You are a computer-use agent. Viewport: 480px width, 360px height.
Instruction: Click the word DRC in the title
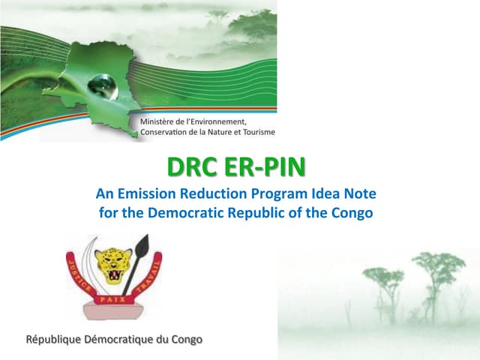click(x=190, y=166)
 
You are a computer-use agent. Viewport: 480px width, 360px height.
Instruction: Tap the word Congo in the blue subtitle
click(x=351, y=211)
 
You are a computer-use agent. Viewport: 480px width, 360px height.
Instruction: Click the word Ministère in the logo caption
click(x=160, y=121)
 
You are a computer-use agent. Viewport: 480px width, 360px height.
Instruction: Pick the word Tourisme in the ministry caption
click(x=254, y=133)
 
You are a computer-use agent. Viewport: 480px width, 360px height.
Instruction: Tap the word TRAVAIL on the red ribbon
click(x=151, y=276)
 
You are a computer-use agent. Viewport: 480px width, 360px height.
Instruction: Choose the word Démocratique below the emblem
click(x=123, y=340)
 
